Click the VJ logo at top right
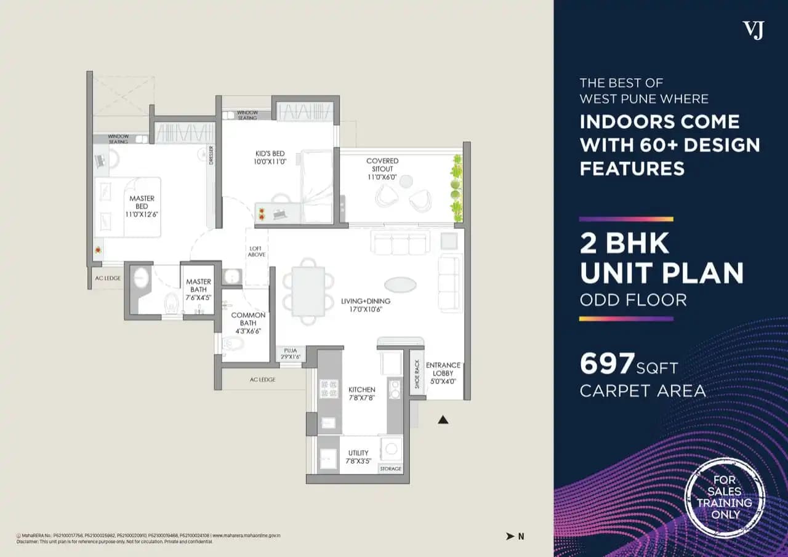coord(752,30)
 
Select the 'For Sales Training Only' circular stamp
coord(725,497)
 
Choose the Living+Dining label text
coord(366,305)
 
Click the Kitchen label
coord(361,393)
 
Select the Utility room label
coord(358,457)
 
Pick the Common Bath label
coord(248,323)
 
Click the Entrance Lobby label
coord(443,373)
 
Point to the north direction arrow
coord(510,536)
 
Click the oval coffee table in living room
coord(400,284)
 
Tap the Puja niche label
coord(291,353)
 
